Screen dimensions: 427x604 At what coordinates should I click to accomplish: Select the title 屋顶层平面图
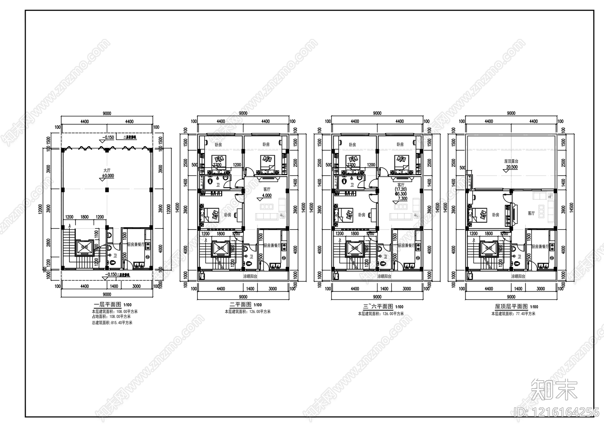pyautogui.click(x=511, y=307)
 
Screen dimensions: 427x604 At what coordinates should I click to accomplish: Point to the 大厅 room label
pyautogui.click(x=107, y=170)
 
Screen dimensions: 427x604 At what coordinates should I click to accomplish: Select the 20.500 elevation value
pyautogui.click(x=512, y=166)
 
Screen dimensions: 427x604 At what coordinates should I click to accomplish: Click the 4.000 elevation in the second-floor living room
pyautogui.click(x=267, y=196)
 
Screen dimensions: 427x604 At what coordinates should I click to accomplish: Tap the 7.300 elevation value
pyautogui.click(x=402, y=199)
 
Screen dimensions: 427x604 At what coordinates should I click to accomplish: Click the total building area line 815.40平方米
pyautogui.click(x=112, y=323)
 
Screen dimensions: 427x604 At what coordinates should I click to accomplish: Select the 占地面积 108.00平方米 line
pyautogui.click(x=112, y=318)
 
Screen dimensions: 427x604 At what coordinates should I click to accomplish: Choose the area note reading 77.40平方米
pyautogui.click(x=513, y=313)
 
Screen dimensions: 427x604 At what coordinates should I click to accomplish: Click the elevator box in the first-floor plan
pyautogui.click(x=83, y=248)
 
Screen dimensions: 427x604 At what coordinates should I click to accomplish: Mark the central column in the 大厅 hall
pyautogui.click(x=107, y=190)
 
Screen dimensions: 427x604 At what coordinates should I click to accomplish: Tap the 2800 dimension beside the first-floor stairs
pyautogui.click(x=48, y=242)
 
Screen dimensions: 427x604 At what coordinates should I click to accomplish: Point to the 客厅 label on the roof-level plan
pyautogui.click(x=531, y=213)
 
